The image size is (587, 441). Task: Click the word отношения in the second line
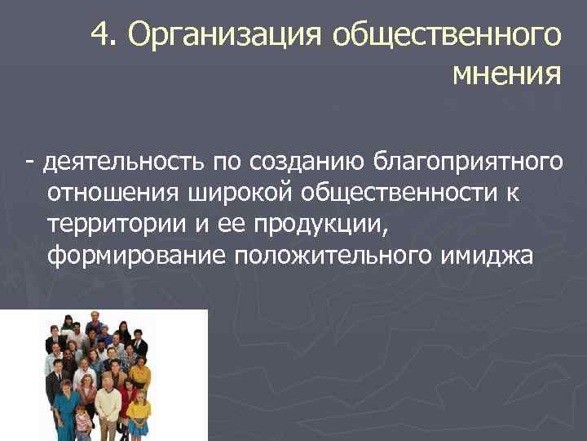pos(117,193)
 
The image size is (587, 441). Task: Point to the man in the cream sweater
pos(108,404)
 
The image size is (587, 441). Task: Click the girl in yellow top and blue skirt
pos(139,412)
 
